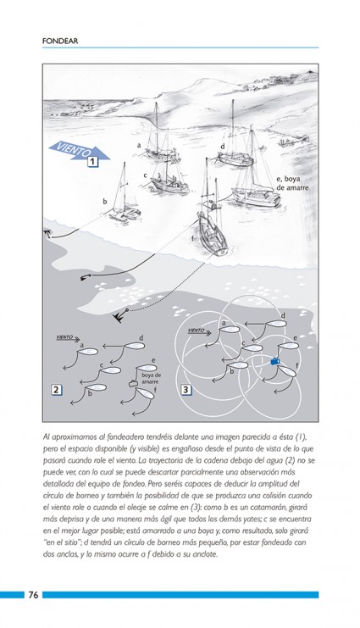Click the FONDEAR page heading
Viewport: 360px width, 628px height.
[x=59, y=41]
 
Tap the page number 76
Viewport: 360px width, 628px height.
[x=33, y=595]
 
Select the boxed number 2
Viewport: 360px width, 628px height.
[x=57, y=389]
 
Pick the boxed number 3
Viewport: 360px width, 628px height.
[x=186, y=389]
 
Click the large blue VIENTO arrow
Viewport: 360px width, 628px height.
[x=79, y=151]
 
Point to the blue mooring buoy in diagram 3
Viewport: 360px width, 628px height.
[x=275, y=361]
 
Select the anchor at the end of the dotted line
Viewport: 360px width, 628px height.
[x=119, y=315]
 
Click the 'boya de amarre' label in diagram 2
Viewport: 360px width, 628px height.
[x=152, y=379]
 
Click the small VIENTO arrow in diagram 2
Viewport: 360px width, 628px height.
[x=68, y=337]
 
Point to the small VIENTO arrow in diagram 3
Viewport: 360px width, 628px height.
[x=199, y=331]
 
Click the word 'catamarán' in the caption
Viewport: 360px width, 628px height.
[x=268, y=507]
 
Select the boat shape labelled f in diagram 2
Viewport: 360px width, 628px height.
[x=146, y=393]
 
